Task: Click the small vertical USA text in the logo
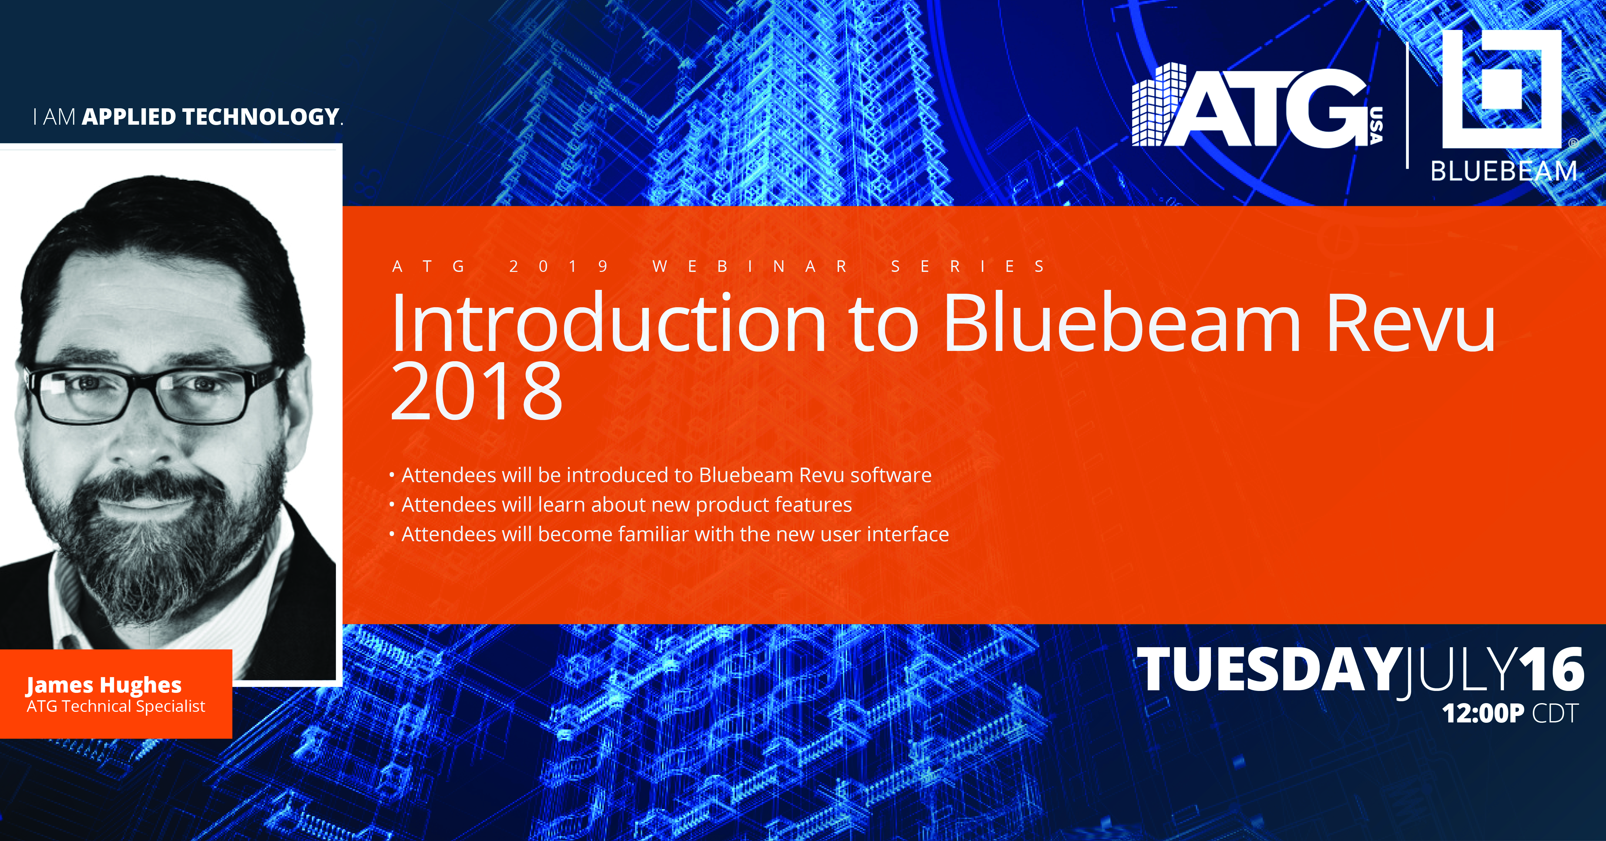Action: (1376, 125)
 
